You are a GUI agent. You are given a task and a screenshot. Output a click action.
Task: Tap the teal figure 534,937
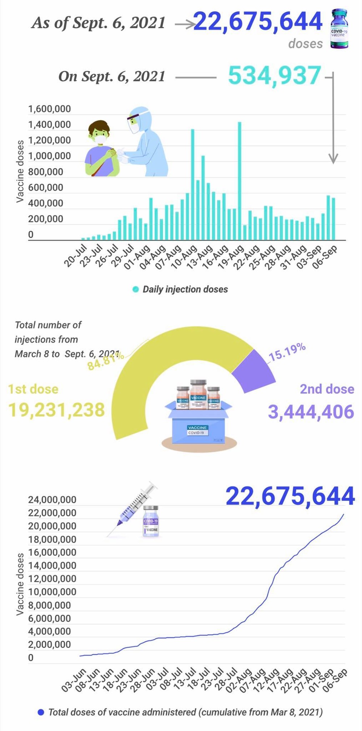[274, 76]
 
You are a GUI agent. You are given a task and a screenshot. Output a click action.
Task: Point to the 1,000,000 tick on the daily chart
[50, 156]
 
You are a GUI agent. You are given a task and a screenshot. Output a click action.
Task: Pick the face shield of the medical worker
[133, 123]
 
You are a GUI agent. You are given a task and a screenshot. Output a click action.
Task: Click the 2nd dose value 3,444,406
[311, 412]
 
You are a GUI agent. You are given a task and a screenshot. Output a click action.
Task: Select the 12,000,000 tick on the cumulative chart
[52, 579]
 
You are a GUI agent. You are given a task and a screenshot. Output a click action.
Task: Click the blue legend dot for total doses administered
[41, 712]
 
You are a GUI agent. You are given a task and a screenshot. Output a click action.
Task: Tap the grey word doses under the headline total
[306, 44]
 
